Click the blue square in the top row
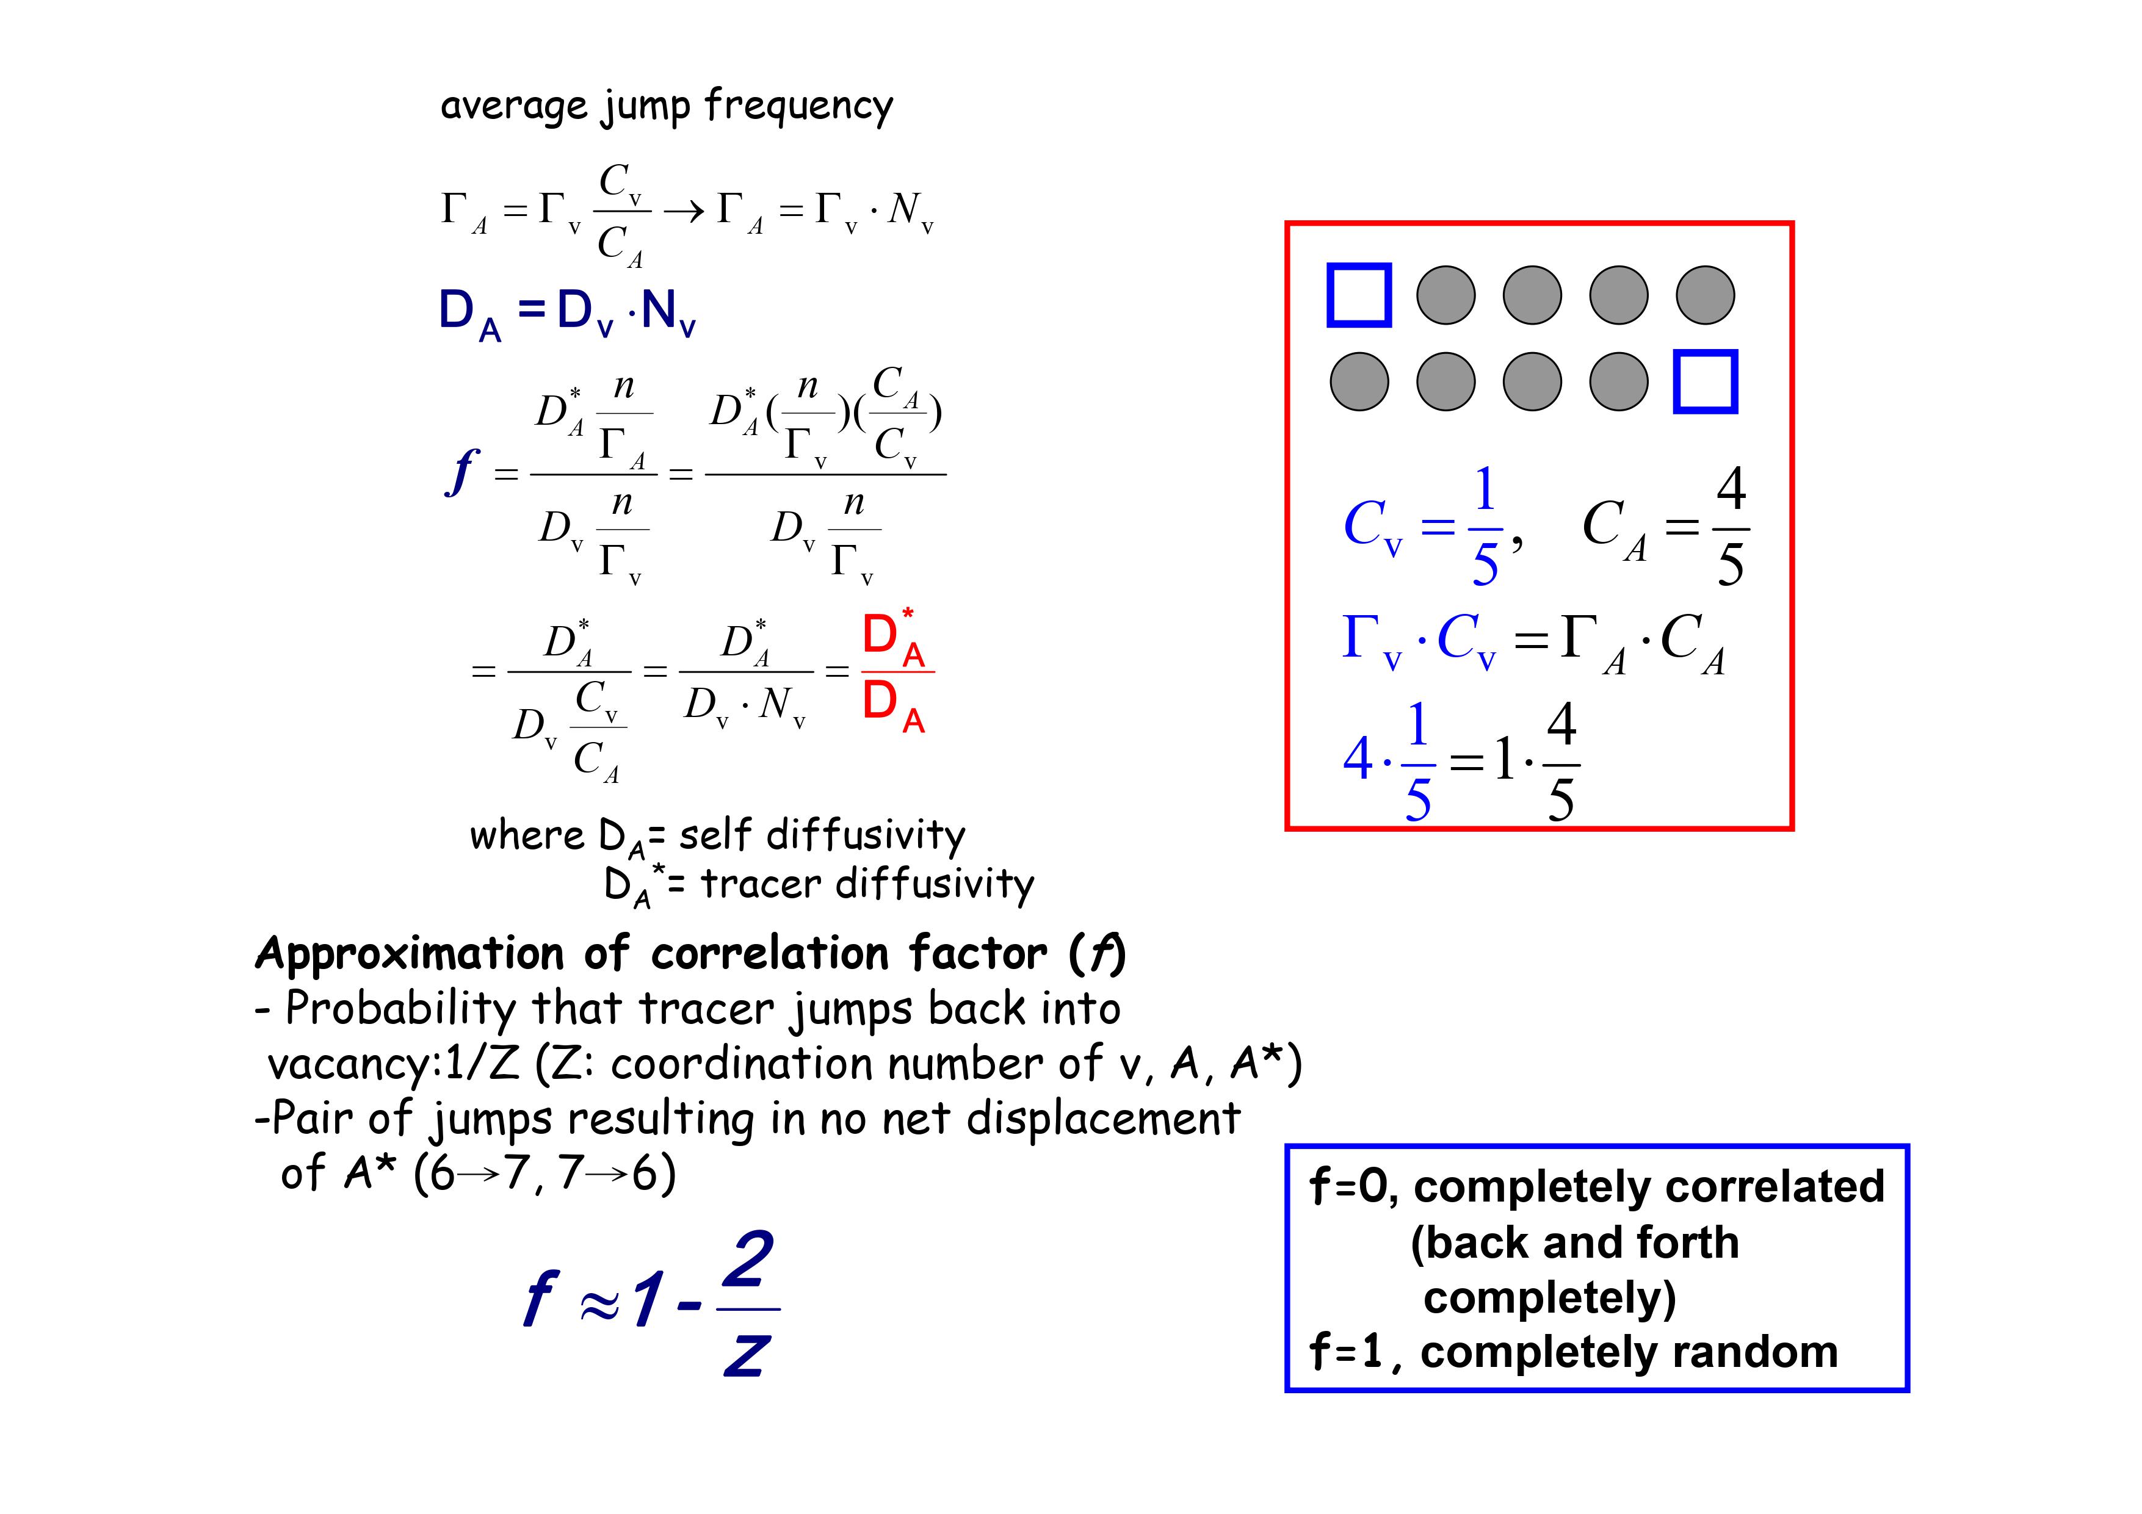1358,295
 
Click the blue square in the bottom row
1706,381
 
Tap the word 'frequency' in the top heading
798,106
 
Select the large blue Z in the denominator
747,1355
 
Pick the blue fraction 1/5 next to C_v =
1485,527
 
